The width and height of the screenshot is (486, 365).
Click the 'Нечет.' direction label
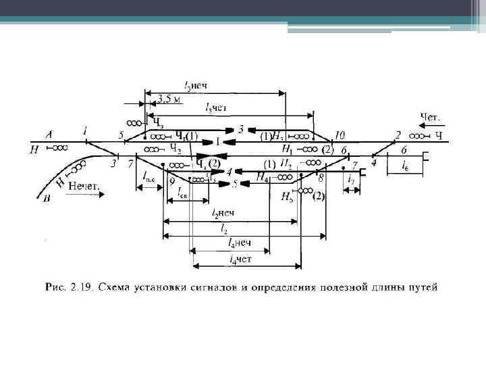[82, 184]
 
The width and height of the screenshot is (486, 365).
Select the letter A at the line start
[49, 134]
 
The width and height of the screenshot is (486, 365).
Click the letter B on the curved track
[45, 199]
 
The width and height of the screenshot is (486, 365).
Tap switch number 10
[339, 135]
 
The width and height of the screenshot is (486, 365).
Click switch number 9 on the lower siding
[172, 181]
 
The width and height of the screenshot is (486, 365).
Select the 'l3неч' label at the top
[196, 86]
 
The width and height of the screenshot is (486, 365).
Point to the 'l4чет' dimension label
[240, 259]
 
